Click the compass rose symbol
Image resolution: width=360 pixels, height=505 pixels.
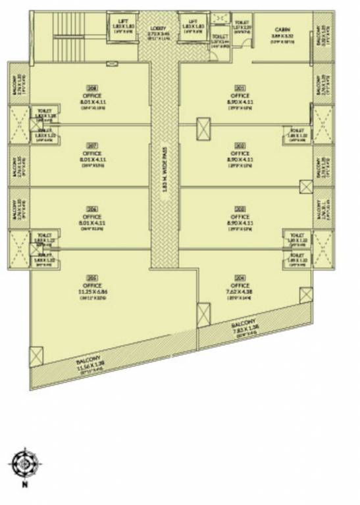click(24, 464)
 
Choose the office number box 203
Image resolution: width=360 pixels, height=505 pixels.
click(240, 208)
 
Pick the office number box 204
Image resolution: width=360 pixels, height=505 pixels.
click(240, 278)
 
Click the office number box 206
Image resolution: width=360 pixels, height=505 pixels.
click(92, 208)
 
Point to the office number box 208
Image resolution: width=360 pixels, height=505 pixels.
click(92, 87)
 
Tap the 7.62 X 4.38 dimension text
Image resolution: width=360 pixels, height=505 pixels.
click(240, 292)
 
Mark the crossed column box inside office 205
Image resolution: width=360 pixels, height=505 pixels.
click(36, 356)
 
